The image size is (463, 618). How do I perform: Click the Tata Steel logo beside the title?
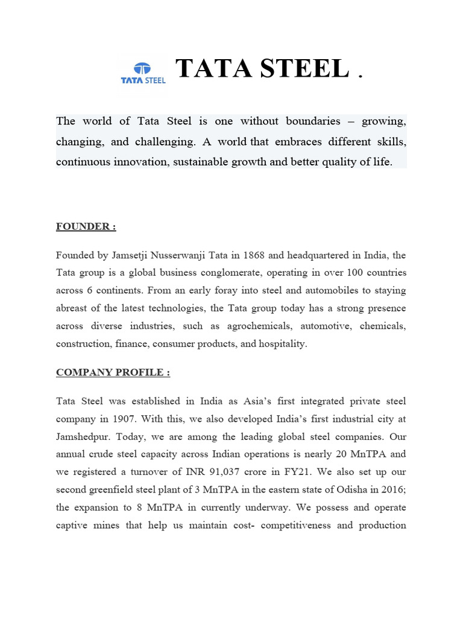coord(142,74)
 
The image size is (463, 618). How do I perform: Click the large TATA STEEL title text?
coord(262,69)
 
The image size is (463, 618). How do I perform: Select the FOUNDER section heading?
coord(86,226)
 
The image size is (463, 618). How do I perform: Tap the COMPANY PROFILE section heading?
coord(113,372)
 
